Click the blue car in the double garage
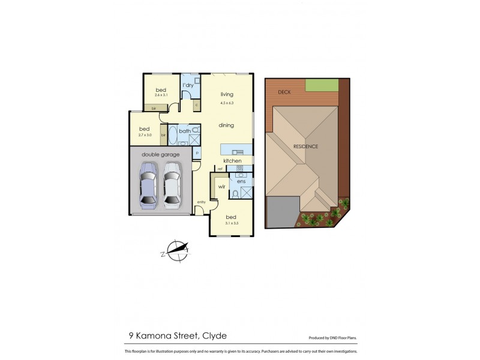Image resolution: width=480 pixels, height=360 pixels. pos(148,186)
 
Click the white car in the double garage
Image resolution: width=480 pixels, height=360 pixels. pos(172,186)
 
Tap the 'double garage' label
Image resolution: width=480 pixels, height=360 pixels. pos(160,155)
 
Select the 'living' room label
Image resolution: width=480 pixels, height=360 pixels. pos(226,94)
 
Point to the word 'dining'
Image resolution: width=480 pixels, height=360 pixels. pos(226,125)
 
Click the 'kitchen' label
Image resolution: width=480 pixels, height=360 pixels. pos(232,161)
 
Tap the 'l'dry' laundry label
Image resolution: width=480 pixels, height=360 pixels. pos(188,85)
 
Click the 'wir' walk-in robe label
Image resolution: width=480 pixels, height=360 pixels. pos(221,187)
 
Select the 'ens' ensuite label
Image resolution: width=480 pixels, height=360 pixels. pos(241,181)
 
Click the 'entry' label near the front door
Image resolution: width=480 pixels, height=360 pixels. pos(201,202)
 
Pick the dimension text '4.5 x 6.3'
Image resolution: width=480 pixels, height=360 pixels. pos(226,103)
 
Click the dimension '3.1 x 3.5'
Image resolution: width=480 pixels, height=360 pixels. pos(231,223)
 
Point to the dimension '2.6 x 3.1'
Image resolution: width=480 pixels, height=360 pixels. pos(160,95)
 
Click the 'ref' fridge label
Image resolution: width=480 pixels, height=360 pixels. pos(220,169)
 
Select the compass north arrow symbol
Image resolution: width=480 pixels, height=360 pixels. pos(178,249)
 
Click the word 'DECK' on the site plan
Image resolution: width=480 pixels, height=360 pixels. pos(284,92)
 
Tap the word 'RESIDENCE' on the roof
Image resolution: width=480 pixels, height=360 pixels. pos(305,146)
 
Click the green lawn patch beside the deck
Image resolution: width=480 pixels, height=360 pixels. pos(322,85)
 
